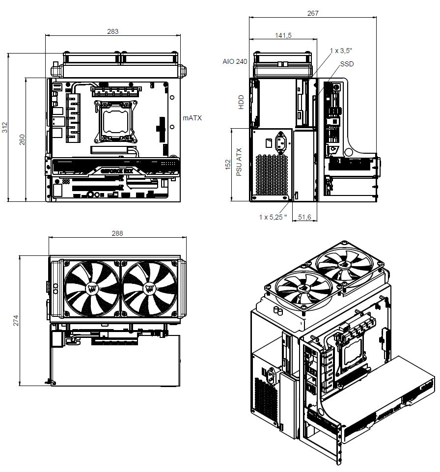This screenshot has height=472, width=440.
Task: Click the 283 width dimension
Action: [113, 31]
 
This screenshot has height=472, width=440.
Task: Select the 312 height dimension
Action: [4, 127]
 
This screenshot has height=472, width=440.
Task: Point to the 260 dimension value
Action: [22, 139]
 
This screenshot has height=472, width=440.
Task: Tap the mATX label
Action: [192, 118]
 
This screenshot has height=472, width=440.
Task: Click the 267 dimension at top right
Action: [313, 13]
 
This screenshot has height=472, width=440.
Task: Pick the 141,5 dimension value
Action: [283, 35]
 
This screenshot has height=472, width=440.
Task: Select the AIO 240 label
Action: [235, 61]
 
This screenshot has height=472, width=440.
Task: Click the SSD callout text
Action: [347, 64]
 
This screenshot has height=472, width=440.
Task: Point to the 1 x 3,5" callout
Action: [341, 51]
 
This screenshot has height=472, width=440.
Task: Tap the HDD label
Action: [241, 102]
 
